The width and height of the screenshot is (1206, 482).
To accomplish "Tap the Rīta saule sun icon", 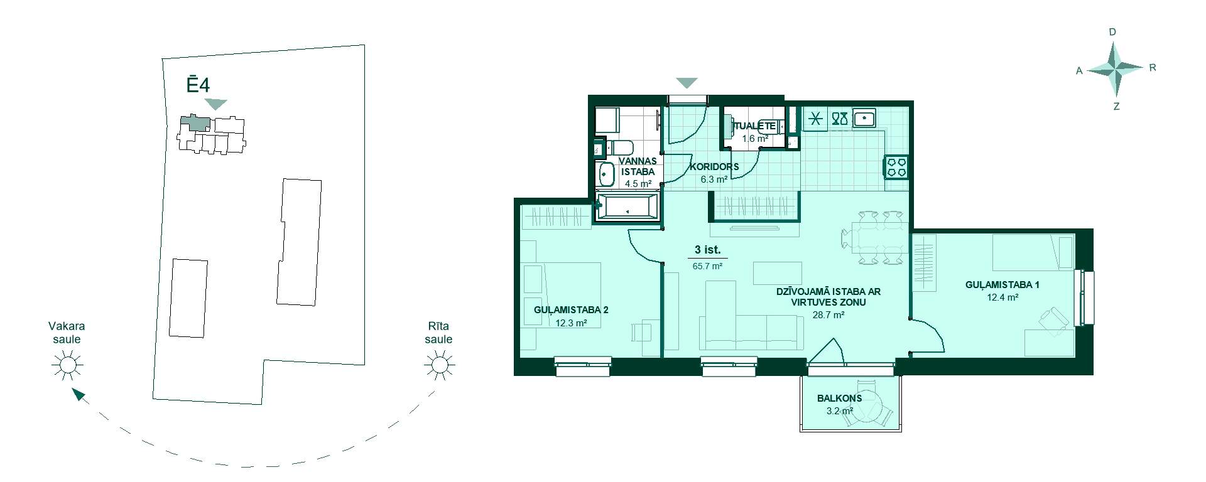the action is point(438,365).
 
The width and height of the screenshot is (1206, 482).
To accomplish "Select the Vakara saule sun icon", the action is point(67,365).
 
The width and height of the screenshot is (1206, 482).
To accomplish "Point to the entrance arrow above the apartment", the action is point(687,83).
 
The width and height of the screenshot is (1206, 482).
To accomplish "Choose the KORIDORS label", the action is point(714,167).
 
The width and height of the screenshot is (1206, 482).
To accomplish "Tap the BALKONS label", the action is point(840,398).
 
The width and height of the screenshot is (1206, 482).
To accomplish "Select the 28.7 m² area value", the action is point(828,315).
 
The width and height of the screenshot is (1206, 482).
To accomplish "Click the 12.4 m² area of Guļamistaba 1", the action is point(1002,297).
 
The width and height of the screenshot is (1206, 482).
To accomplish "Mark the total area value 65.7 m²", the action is point(707,265).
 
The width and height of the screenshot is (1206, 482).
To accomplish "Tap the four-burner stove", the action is point(896,167).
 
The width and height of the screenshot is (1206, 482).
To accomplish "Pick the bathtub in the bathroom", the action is point(627,206).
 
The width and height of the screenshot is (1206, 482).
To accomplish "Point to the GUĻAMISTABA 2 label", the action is point(571,310).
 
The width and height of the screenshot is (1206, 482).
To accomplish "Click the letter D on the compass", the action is point(1112,32).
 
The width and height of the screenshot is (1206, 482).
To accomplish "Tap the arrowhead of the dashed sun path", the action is point(77,394).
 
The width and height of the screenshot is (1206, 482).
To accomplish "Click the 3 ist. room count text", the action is point(707,250).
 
